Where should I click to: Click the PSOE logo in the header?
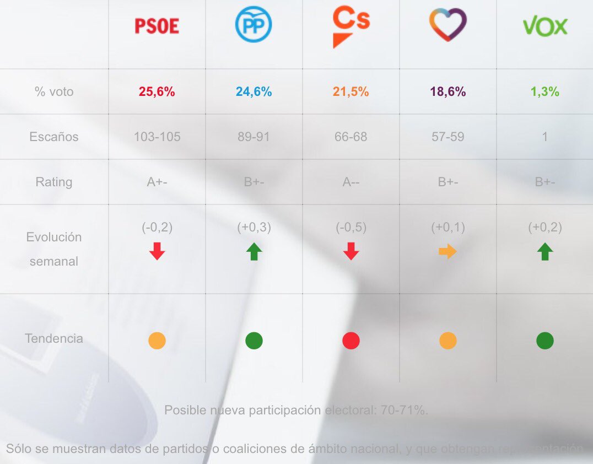coord(157,26)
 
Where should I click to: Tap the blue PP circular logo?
coord(254,25)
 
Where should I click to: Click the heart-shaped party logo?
coord(448,25)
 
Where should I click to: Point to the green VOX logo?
coord(545,26)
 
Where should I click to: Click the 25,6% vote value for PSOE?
coord(157,92)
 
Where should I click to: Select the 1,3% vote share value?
coord(545,92)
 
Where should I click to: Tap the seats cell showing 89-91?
coord(254,137)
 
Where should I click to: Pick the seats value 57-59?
coord(448,137)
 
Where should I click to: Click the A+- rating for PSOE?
coord(157,182)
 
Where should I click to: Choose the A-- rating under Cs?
coord(351,182)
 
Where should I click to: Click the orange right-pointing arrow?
coord(448,252)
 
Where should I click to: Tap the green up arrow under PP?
coord(254,252)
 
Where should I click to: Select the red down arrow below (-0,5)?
coord(351,252)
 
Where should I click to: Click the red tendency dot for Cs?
coord(351,341)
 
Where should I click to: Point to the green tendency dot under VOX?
coord(545,341)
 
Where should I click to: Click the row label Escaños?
coord(54,137)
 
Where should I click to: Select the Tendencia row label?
coord(54,338)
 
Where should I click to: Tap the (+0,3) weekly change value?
coord(254,228)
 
